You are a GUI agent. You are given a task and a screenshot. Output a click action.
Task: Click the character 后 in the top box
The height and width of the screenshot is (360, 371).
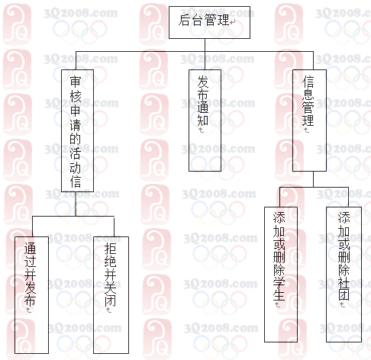(184, 21)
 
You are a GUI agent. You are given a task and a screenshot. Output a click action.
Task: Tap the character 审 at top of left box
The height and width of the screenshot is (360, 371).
(76, 82)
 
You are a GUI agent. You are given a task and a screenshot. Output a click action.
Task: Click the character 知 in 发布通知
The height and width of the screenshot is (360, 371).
(203, 120)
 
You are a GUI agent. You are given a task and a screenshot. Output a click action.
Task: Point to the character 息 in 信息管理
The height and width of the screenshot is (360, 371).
(308, 94)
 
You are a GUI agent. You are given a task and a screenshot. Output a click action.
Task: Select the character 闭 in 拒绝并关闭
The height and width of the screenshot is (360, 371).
(110, 301)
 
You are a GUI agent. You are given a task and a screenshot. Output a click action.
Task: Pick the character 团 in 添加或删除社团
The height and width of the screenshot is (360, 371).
(344, 295)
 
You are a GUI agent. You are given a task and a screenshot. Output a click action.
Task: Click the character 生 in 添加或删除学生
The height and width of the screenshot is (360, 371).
(279, 295)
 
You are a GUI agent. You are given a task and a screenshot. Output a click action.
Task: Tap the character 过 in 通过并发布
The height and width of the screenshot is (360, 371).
(30, 262)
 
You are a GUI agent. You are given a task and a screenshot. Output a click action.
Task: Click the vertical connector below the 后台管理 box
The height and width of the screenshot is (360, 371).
(205, 54)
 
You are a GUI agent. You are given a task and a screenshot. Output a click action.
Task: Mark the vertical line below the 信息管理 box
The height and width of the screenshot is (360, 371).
(313, 179)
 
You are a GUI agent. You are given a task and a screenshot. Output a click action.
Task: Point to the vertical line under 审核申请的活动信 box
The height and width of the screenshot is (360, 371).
(76, 204)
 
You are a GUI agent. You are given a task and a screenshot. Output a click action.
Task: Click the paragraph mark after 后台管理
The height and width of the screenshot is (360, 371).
(233, 22)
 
